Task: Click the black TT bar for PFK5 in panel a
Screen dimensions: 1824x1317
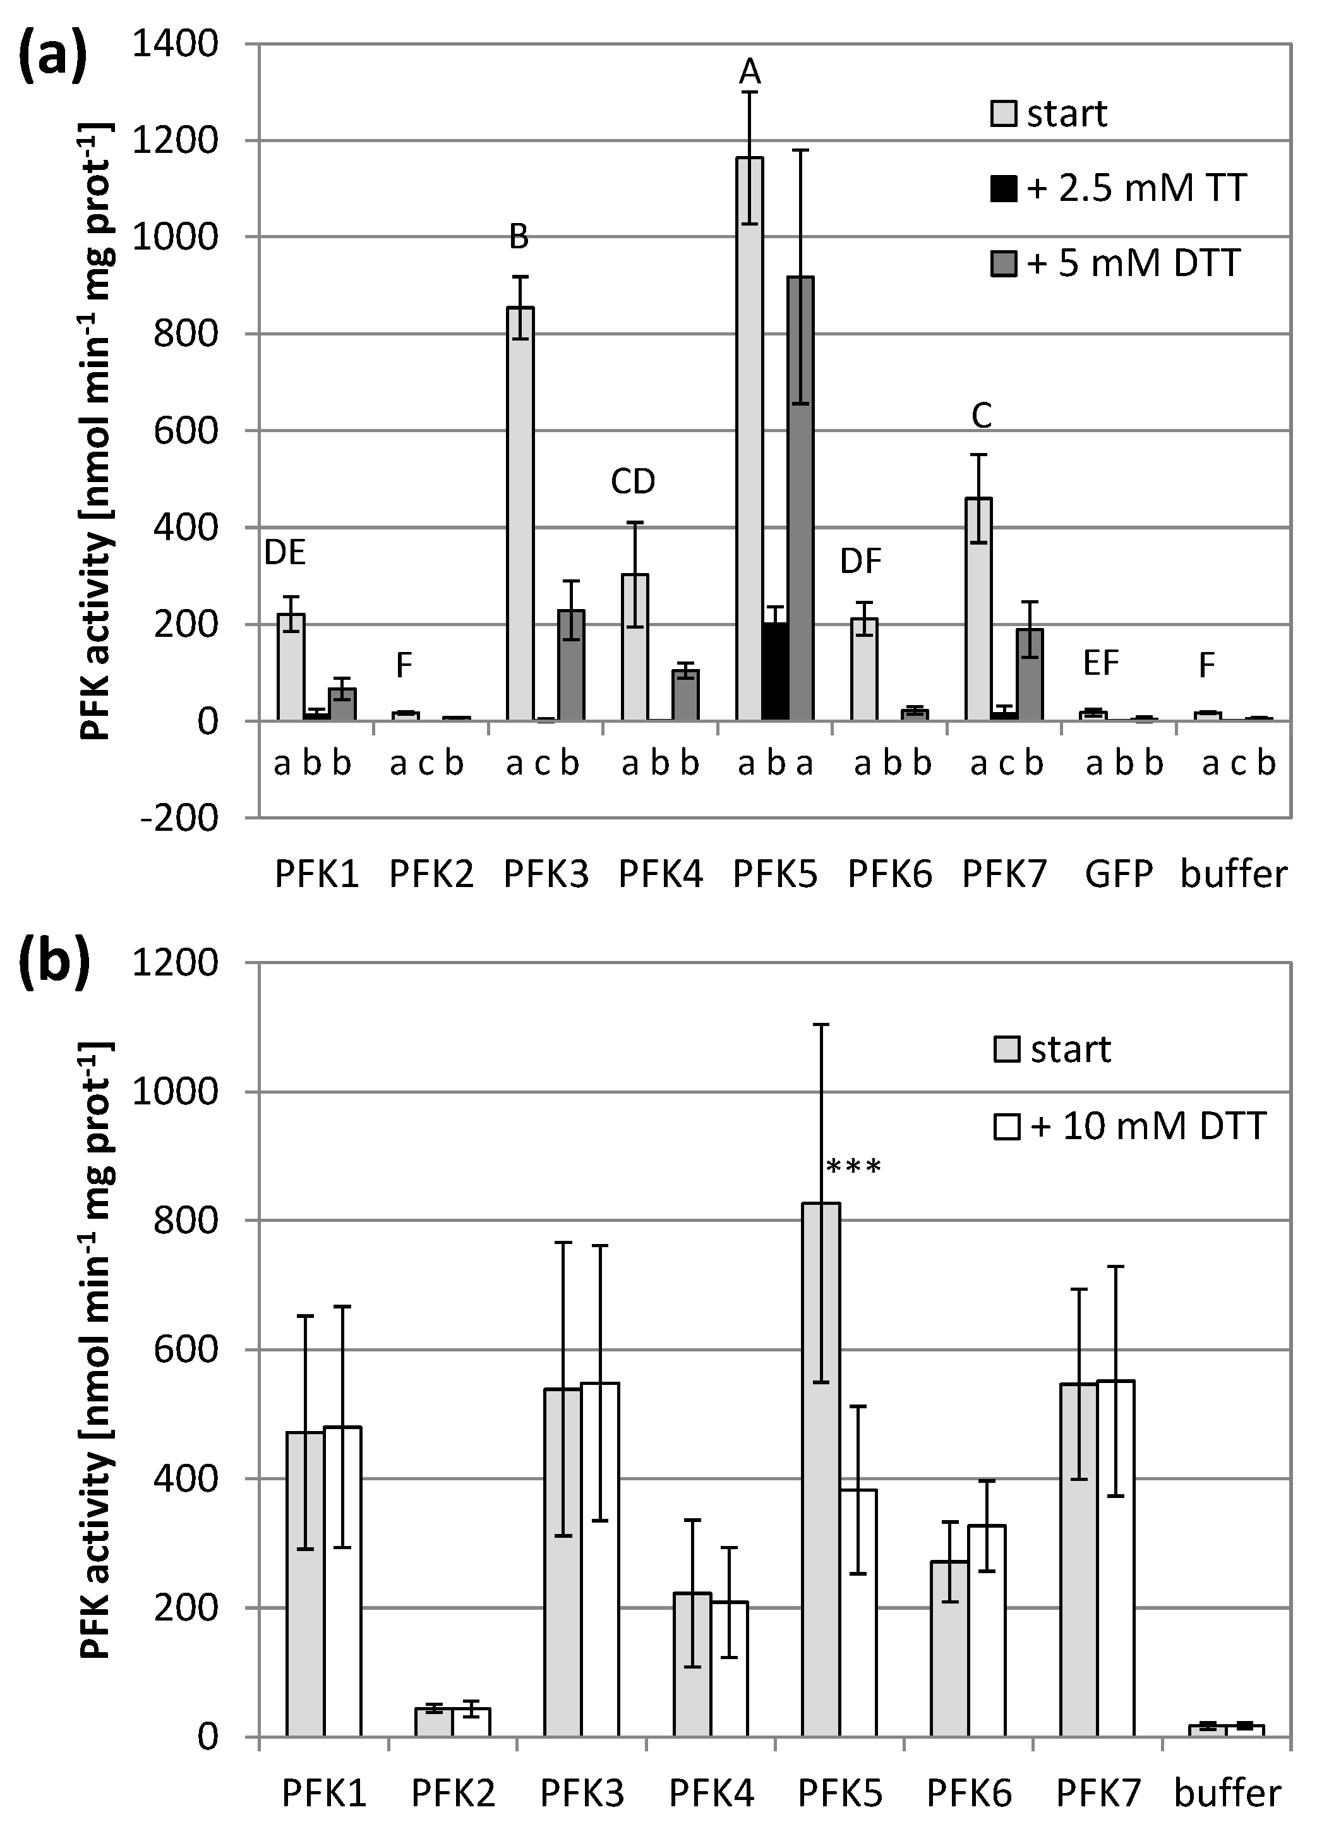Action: [775, 672]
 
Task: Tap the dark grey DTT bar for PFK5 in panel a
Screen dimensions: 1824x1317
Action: [801, 498]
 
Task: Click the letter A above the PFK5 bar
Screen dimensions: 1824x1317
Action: [749, 73]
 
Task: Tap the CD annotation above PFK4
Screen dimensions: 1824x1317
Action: [633, 481]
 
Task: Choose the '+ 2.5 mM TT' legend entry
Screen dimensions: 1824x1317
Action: [1120, 188]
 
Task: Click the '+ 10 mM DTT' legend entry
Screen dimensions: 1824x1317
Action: [1131, 1126]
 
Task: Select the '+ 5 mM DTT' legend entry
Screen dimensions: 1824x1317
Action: [1117, 263]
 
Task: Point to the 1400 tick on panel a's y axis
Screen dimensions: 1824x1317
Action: [175, 44]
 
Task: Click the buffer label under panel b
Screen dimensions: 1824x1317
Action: [1228, 1794]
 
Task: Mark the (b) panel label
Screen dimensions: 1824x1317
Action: [54, 963]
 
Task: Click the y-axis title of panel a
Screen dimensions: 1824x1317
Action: [97, 430]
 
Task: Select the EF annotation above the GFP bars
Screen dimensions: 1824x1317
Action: [1101, 663]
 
